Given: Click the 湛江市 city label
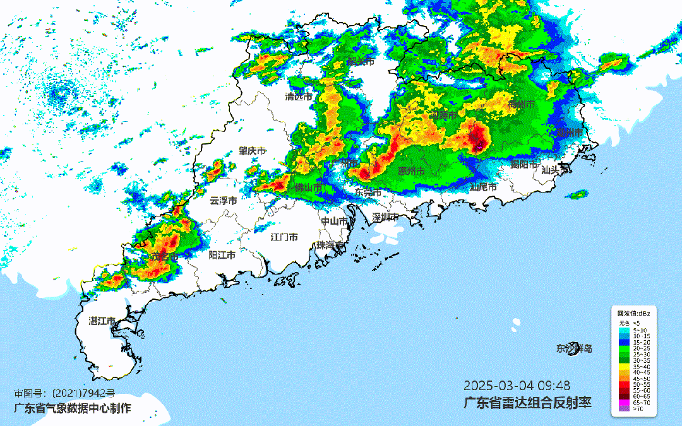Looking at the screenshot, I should (x=102, y=321).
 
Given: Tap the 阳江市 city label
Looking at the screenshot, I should (x=222, y=255).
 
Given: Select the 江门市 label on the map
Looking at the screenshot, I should (x=284, y=237).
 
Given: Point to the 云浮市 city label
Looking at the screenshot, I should (x=224, y=201).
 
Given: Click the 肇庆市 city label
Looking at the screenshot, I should (x=252, y=151).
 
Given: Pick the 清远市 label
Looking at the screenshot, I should (x=299, y=97).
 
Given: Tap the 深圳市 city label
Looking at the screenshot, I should (x=385, y=217).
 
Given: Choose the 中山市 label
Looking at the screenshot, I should (x=335, y=222).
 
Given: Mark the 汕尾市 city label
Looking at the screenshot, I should (x=483, y=187).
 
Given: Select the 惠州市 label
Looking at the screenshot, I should (x=410, y=171).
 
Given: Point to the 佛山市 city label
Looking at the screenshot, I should (x=309, y=188).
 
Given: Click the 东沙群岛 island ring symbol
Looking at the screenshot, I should (x=573, y=348).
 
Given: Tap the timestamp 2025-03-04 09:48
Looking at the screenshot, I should (x=517, y=385).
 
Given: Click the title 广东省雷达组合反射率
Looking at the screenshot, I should (x=528, y=402).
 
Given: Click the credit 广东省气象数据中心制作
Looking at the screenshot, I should (x=73, y=408).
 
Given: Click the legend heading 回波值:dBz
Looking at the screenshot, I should (x=633, y=312).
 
